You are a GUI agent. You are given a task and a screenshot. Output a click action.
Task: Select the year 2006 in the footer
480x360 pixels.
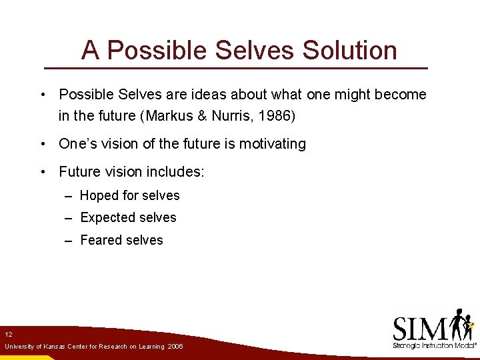pyautogui.click(x=175, y=347)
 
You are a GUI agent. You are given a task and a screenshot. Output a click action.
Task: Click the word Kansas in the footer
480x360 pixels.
pyautogui.click(x=52, y=347)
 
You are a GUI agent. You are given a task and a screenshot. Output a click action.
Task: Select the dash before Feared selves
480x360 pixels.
pyautogui.click(x=69, y=241)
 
